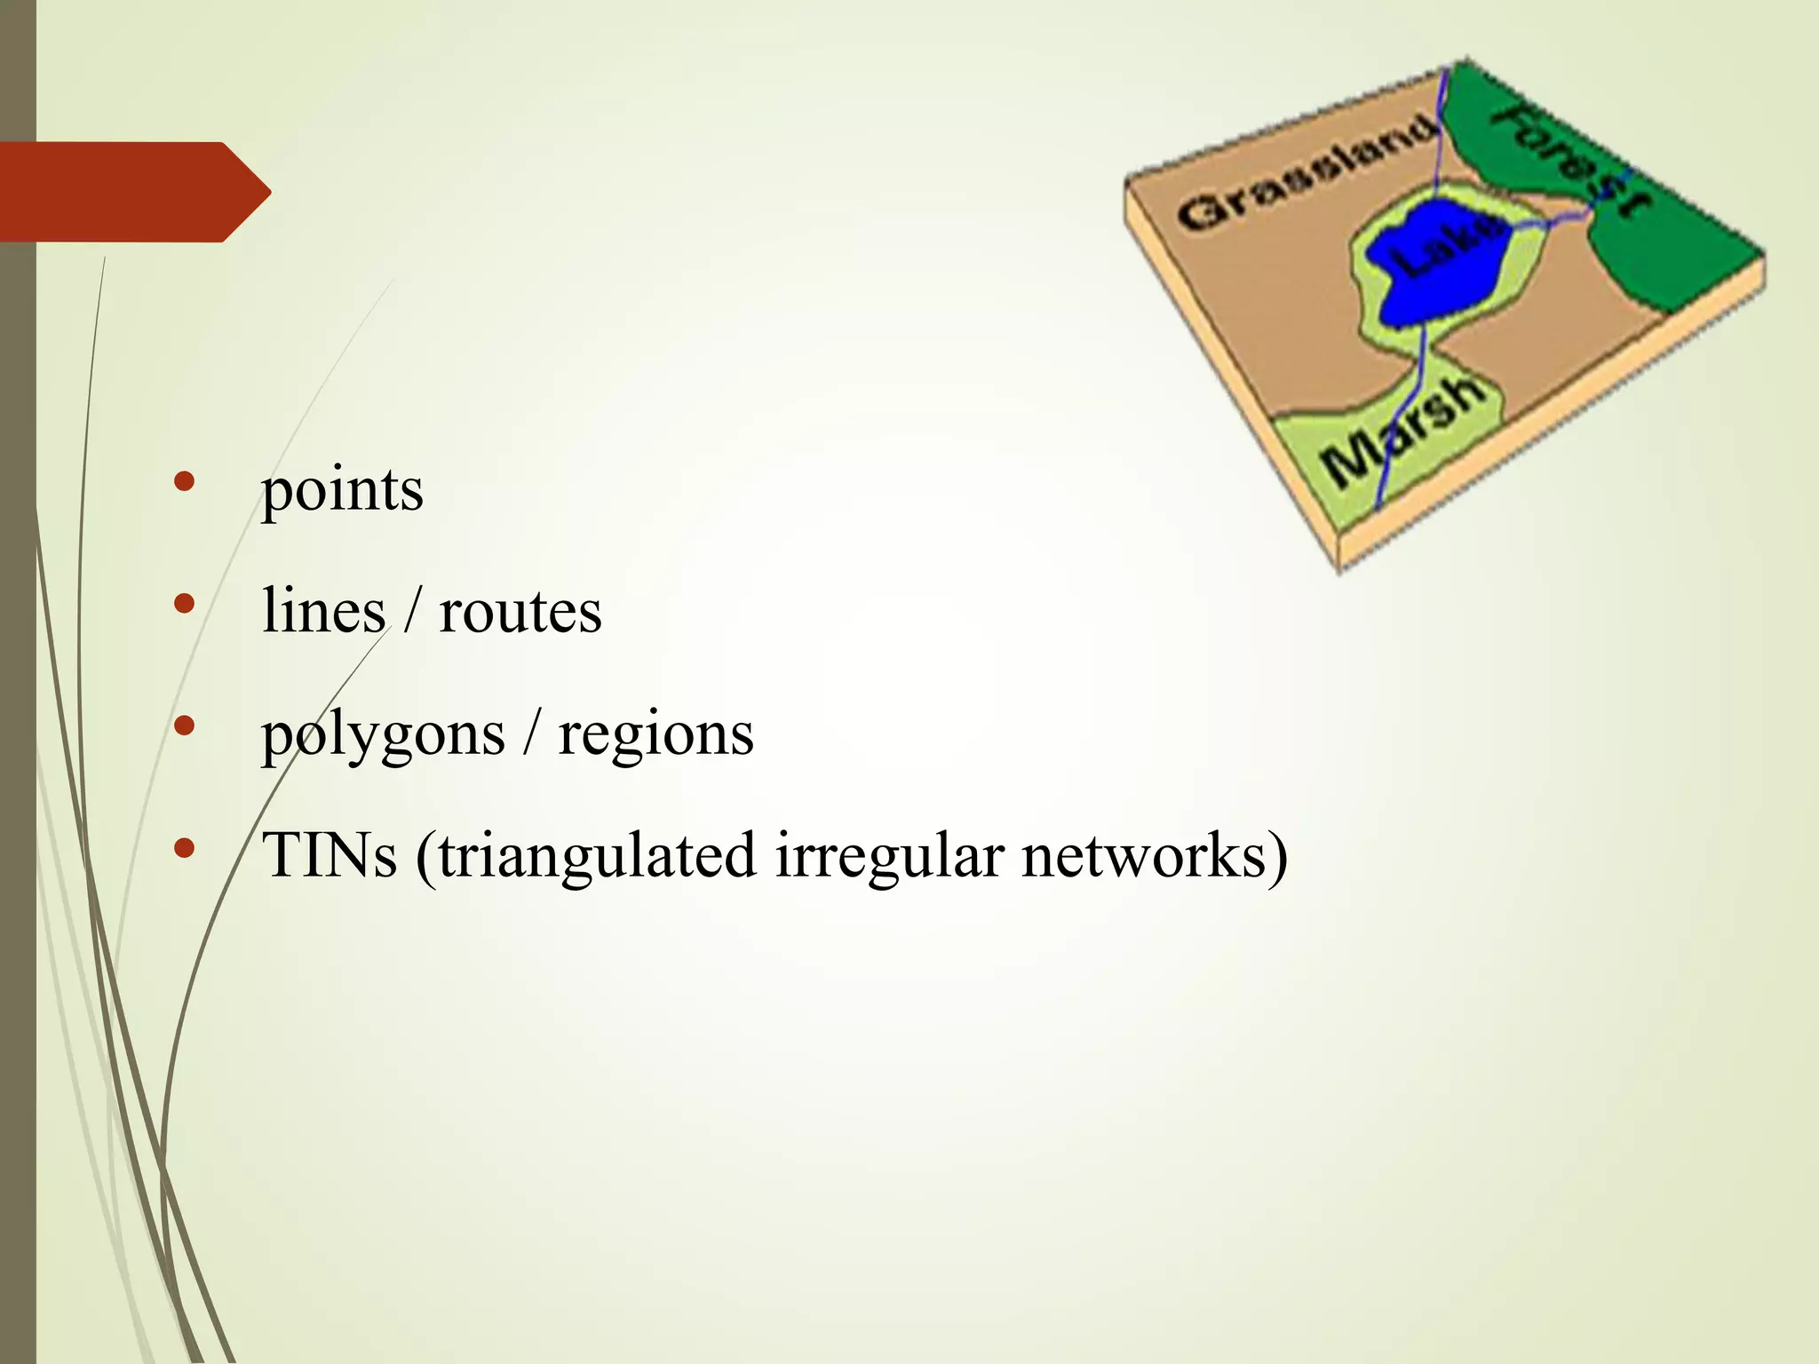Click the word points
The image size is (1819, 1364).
point(342,491)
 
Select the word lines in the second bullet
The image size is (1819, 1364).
point(323,612)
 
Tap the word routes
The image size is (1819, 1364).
point(520,612)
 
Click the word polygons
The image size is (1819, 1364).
point(383,736)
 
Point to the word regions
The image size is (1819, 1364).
point(655,736)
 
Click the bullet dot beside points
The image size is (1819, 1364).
point(185,482)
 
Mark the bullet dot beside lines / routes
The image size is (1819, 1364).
point(185,605)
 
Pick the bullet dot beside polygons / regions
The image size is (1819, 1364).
point(185,726)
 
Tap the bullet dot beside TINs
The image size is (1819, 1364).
point(185,848)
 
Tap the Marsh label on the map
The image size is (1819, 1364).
point(1402,432)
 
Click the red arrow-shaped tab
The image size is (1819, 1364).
point(133,192)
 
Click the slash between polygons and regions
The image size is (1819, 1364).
point(531,736)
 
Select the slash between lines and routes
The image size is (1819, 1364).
point(411,612)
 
